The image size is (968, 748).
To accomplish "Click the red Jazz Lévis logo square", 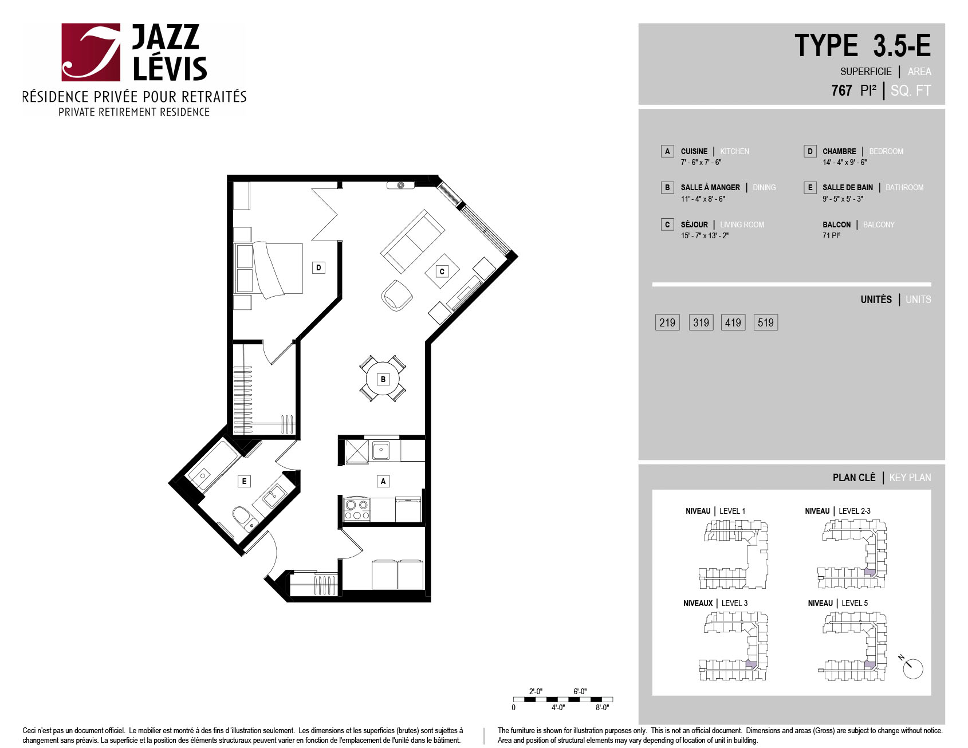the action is click(91, 52).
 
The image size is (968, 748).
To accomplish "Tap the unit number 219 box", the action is click(667, 322).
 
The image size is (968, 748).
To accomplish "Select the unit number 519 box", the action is click(766, 322).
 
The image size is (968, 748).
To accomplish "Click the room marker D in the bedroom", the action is click(318, 267).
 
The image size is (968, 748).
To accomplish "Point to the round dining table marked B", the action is click(383, 379).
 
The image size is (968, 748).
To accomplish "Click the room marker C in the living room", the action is click(442, 271).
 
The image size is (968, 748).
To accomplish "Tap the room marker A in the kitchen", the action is click(383, 481).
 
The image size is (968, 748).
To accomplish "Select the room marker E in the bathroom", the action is click(244, 481).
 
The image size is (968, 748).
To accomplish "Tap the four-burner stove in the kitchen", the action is click(356, 510).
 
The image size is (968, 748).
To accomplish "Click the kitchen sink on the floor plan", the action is click(381, 450).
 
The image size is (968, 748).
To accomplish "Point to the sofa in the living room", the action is click(412, 241).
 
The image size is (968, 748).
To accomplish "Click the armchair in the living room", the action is click(397, 295).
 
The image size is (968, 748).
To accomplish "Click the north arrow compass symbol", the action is click(911, 667).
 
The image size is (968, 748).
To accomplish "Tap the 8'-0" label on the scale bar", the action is click(602, 707).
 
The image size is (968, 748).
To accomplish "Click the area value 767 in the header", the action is click(841, 90).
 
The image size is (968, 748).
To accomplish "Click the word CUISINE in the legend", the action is click(694, 151).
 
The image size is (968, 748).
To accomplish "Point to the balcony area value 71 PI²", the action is click(832, 235).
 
